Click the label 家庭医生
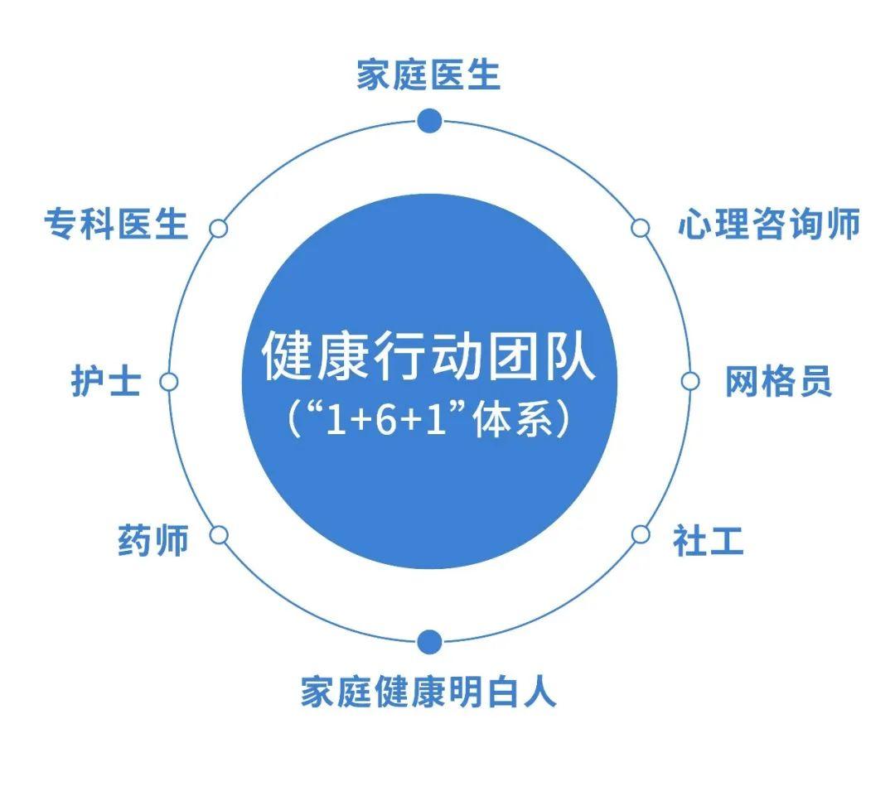428,75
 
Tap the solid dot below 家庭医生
429,121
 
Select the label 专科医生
116,224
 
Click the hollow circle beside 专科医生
218,228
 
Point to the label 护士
106,381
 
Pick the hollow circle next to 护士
168,382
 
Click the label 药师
153,540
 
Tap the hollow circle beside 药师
219,536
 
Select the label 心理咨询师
769,224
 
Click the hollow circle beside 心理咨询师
641,228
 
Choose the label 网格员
778,381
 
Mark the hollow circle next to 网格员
690,381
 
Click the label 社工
708,540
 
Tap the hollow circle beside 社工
641,534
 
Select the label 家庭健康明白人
428,692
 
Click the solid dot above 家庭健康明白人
429,642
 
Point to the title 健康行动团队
429,355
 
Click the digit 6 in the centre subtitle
386,421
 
